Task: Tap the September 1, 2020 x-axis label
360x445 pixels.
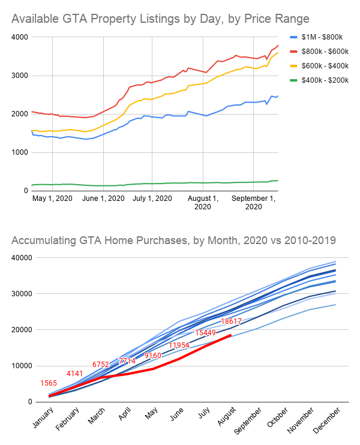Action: [x=254, y=202]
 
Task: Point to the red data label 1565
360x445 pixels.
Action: [x=49, y=383]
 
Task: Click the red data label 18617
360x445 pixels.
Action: [x=231, y=321]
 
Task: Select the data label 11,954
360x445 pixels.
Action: [x=179, y=345]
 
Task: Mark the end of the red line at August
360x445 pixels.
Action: [x=231, y=335]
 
